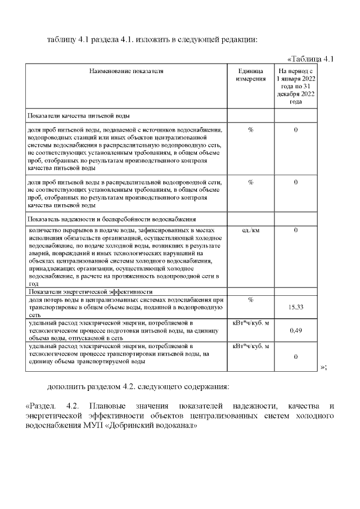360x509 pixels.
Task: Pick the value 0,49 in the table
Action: click(296, 330)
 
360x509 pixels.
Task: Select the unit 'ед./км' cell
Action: click(250, 231)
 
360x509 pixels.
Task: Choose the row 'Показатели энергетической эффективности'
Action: click(90, 292)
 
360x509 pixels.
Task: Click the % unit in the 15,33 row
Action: click(250, 299)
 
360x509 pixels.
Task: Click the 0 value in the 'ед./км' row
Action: click(296, 231)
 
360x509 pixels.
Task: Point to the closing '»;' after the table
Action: click(323, 367)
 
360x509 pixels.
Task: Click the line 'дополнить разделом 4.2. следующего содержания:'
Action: click(138, 387)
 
